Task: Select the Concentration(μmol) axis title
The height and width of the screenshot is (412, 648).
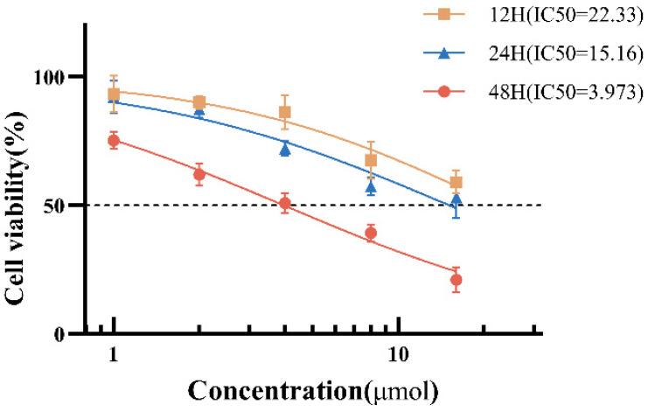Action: point(313,390)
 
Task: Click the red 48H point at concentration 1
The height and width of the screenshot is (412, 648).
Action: point(113,140)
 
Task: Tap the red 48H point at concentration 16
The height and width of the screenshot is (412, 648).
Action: point(456,280)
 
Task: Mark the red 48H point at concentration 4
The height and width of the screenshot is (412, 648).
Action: point(285,204)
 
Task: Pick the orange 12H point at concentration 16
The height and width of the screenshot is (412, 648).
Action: point(456,183)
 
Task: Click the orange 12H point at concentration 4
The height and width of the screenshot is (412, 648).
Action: point(285,112)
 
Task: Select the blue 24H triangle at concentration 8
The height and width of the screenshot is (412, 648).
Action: point(371,187)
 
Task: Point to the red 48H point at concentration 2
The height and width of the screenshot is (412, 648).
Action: point(199,174)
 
